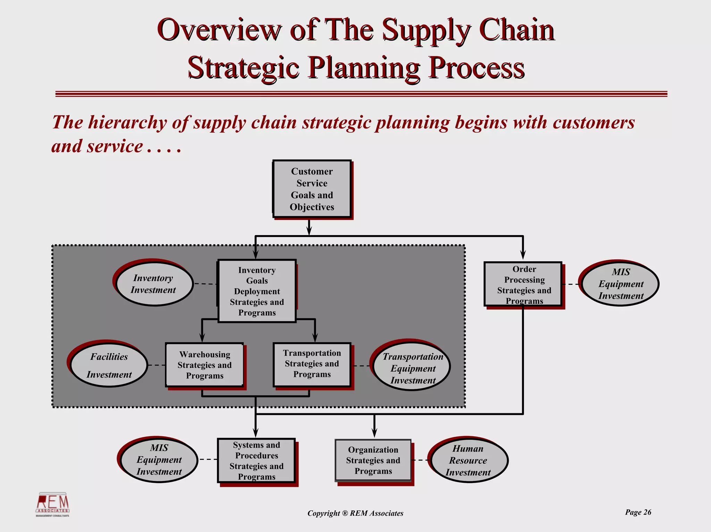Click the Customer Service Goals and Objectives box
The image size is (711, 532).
click(312, 189)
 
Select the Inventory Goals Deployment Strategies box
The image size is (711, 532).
click(257, 291)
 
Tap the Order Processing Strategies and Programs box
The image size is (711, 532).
click(523, 284)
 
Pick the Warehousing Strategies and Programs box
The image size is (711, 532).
click(204, 365)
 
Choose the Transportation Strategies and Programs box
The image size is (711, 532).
click(312, 364)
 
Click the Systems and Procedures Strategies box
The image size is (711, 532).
click(257, 461)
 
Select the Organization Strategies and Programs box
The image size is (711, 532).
click(373, 460)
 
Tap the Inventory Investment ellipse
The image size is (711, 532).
click(154, 284)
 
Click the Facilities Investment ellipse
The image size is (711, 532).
click(109, 366)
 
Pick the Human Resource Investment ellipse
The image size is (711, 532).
click(468, 460)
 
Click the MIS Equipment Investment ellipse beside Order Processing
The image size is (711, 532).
click(620, 284)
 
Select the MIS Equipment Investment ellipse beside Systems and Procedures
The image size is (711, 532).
click(159, 460)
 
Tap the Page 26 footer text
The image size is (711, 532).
click(638, 512)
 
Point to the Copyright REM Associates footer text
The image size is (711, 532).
click(355, 513)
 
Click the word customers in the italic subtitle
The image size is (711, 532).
click(593, 122)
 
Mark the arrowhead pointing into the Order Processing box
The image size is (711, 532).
click(523, 256)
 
